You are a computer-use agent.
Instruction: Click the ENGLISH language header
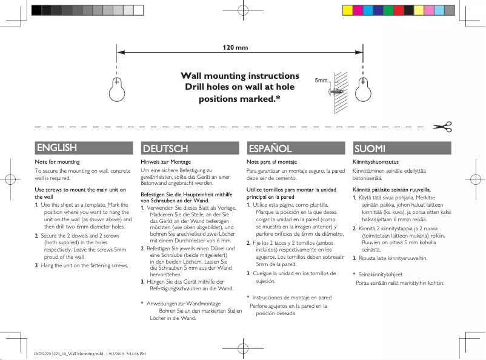tap(56, 147)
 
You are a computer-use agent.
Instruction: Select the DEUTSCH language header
tap(165, 148)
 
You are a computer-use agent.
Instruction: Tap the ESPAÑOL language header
tap(271, 148)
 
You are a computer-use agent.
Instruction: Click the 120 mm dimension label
tap(235, 47)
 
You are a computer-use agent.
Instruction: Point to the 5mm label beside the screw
tap(321, 81)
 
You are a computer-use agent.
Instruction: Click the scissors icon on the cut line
tap(442, 127)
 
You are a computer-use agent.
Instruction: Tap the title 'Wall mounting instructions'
tap(241, 76)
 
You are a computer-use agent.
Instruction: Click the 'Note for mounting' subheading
tap(58, 162)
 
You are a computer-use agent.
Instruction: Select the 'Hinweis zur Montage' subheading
tap(165, 162)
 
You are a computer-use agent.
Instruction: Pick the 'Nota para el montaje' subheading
tap(271, 162)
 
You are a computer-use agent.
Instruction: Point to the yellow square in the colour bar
tap(348, 10)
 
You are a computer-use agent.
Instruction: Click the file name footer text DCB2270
tap(90, 353)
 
